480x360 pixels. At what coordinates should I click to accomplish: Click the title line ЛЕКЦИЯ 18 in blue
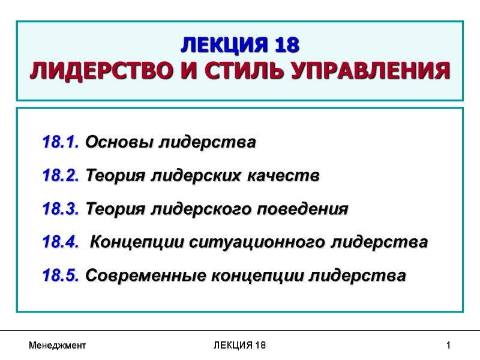click(239, 46)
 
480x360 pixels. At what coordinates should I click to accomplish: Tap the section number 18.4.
click(62, 242)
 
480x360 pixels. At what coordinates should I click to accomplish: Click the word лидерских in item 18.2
click(197, 176)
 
